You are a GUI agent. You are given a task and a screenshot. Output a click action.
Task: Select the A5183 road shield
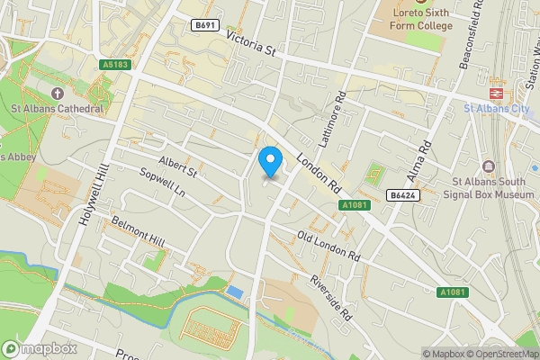point(116,65)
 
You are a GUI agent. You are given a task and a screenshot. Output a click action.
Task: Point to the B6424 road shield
point(401,194)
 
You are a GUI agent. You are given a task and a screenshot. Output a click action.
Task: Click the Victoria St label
point(251,44)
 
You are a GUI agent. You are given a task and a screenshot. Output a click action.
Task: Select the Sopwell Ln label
point(164,184)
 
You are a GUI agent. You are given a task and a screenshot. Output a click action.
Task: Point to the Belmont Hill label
point(138,231)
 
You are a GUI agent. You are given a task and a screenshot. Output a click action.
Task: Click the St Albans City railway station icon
point(495,93)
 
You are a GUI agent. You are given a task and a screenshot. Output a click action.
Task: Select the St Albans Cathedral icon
point(58,94)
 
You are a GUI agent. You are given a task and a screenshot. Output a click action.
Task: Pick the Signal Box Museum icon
point(489,166)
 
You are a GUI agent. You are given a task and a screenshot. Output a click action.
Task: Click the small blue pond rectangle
point(235,292)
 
